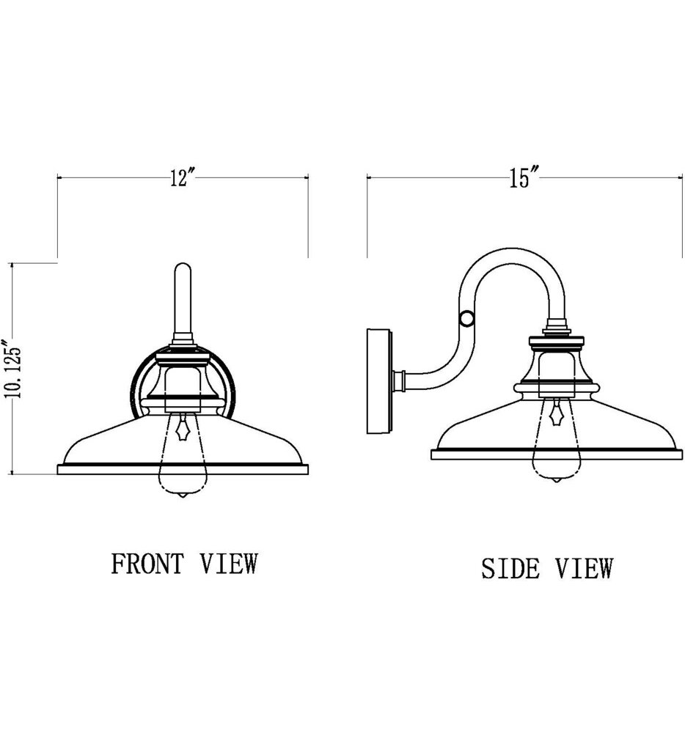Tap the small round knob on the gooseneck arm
464,319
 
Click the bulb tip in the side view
557,480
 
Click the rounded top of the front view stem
182,268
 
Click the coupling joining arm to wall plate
400,380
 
